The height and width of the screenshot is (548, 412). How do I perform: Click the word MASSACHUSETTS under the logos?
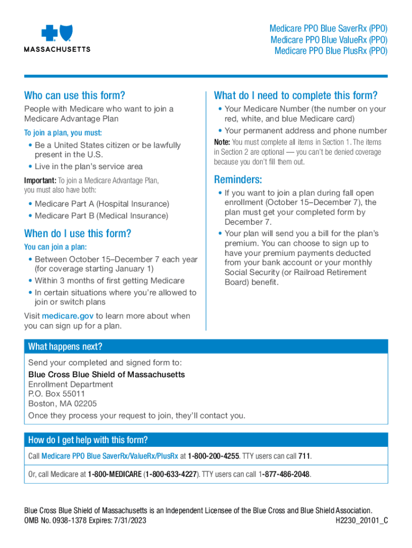(57, 49)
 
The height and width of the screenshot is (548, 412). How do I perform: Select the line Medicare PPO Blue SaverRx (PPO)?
(329, 29)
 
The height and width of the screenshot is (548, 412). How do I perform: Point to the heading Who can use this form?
(74, 96)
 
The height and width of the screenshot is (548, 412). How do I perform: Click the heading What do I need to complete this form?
(295, 96)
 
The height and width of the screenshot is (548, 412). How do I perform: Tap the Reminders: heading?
(238, 179)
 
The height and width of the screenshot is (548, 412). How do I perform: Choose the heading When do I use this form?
(78, 233)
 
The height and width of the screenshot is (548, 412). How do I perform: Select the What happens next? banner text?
(65, 346)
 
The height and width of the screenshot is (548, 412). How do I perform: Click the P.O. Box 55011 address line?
(56, 394)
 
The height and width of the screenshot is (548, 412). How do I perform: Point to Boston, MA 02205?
(63, 404)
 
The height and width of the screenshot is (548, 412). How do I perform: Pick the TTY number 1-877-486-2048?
(285, 475)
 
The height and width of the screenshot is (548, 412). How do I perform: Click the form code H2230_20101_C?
(361, 520)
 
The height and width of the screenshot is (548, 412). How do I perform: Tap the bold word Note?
(222, 142)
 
